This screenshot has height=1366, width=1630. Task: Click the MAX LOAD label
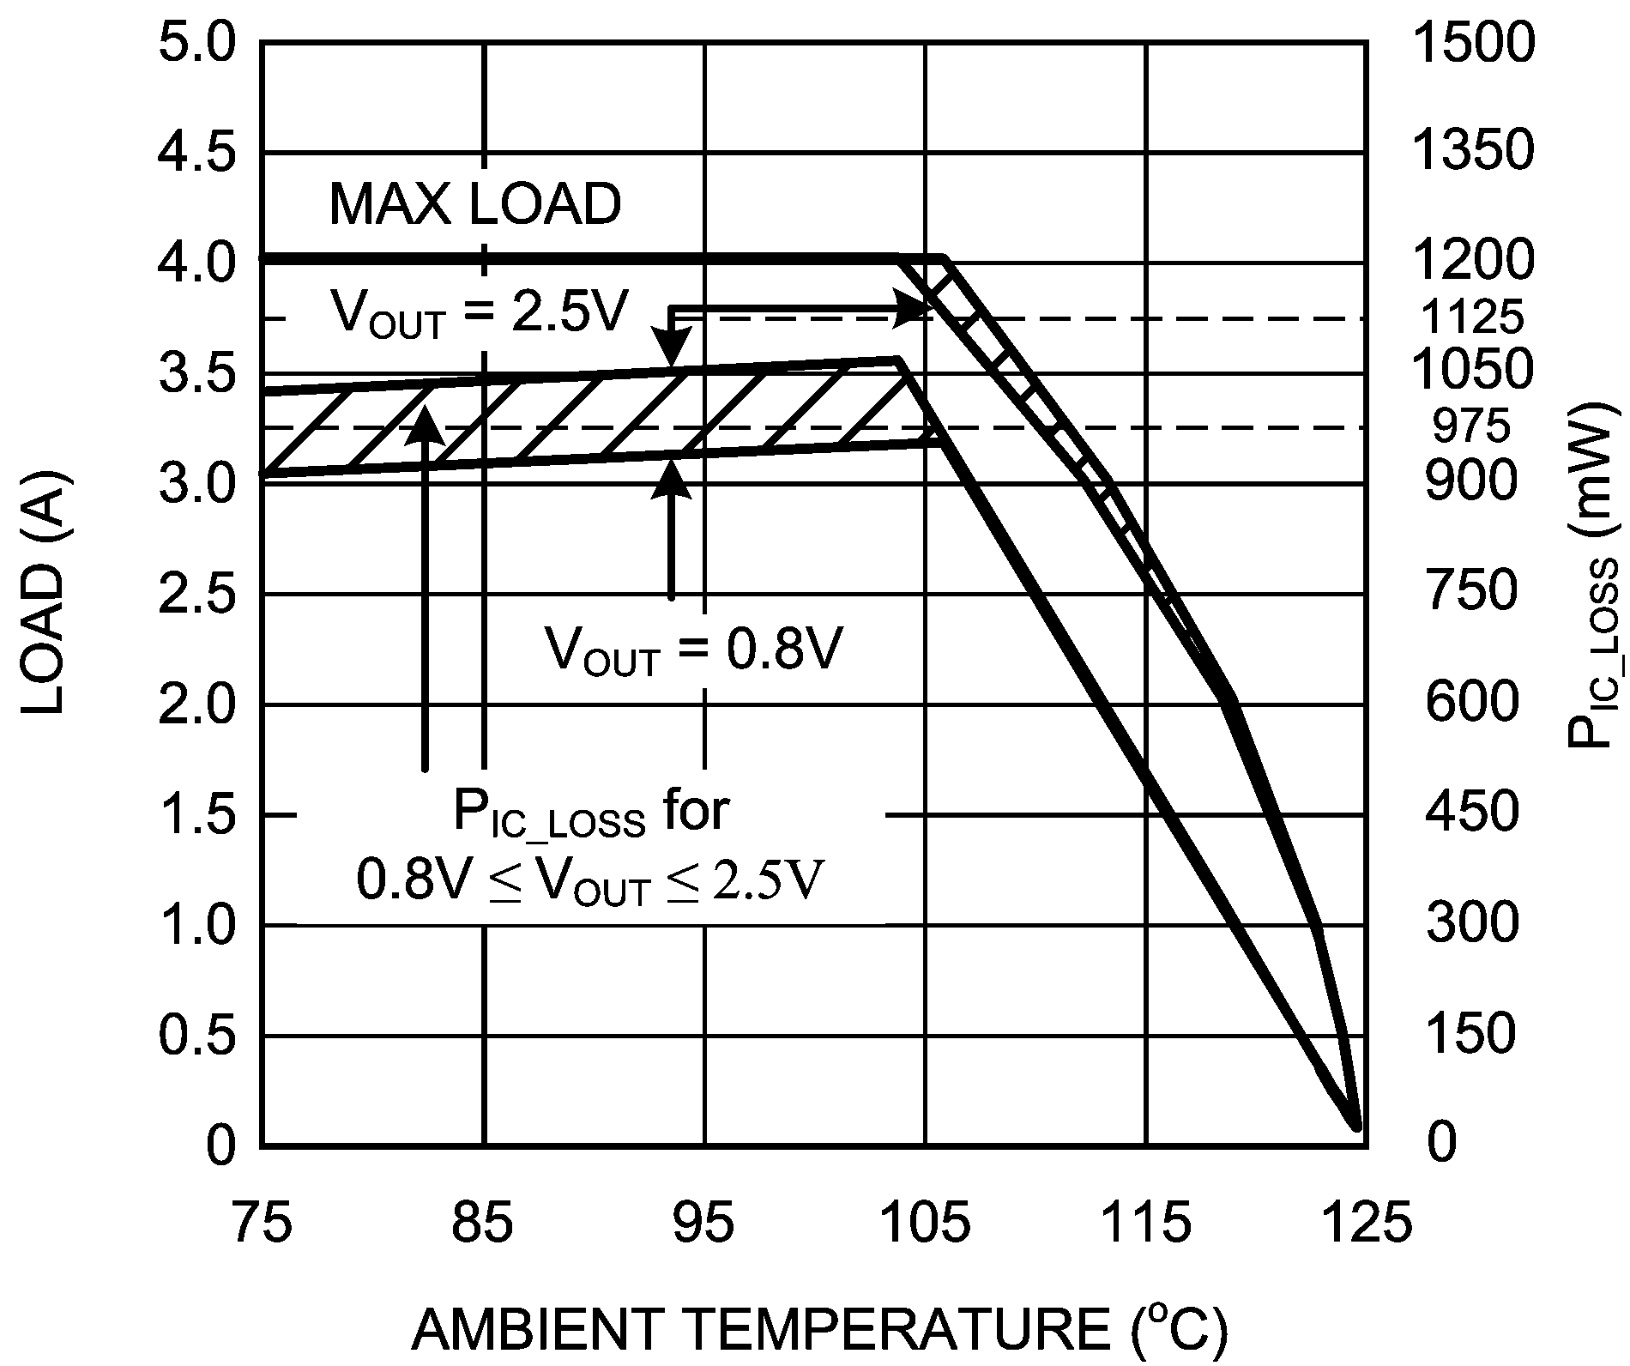tap(474, 205)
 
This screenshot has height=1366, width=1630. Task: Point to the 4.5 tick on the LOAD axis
tap(197, 152)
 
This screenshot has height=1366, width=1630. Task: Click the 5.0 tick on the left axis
tap(197, 42)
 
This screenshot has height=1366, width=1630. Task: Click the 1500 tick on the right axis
tap(1472, 42)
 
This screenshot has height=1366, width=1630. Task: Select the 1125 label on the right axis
tap(1472, 318)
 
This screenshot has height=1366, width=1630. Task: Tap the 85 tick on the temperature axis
tap(483, 1225)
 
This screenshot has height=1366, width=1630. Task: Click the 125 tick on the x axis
tap(1367, 1225)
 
